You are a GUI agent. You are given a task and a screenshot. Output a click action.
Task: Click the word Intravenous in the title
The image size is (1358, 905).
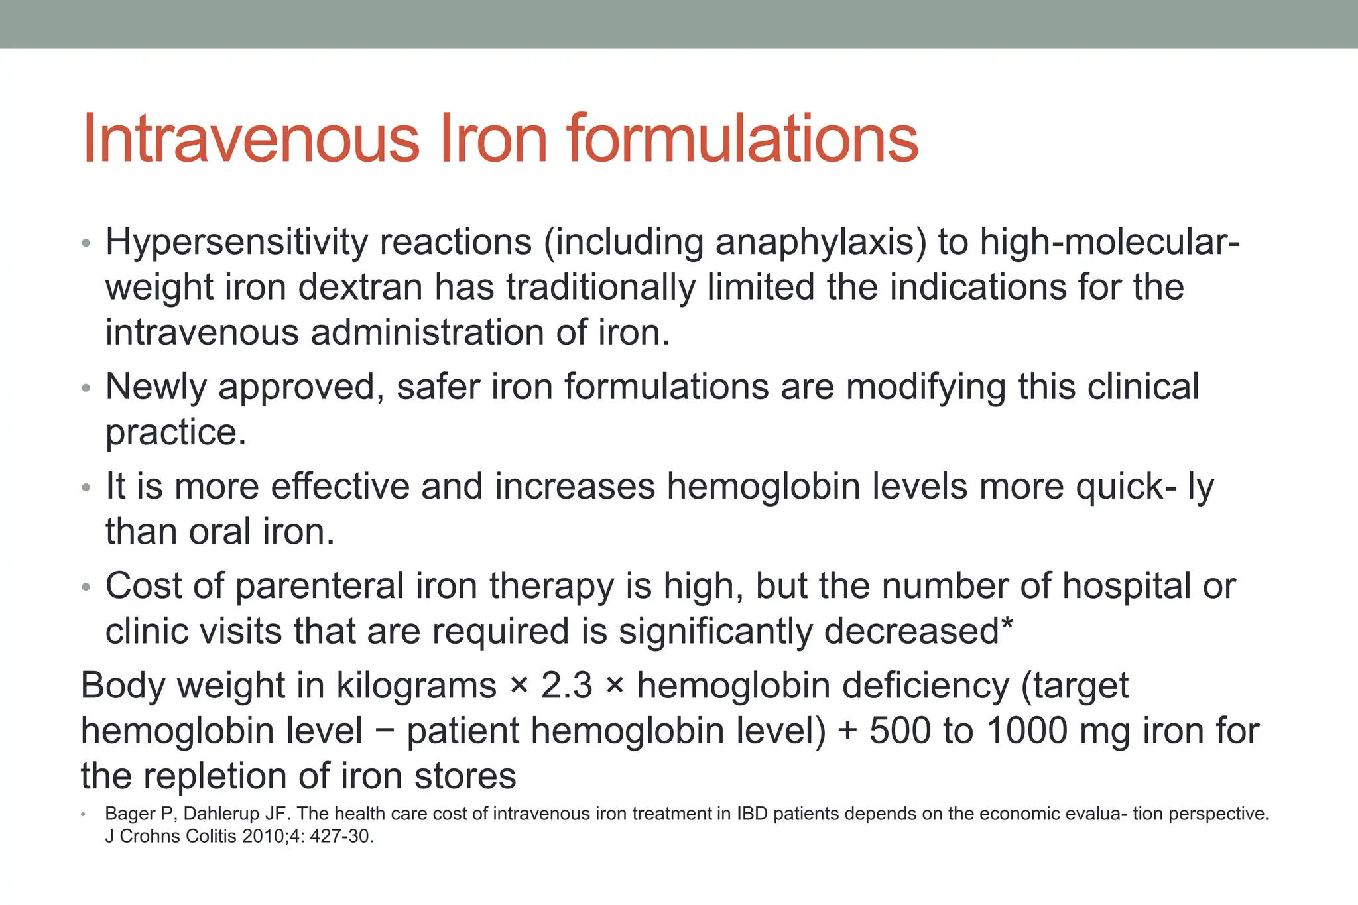click(251, 139)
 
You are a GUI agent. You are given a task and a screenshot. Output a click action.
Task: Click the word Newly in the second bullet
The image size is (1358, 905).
click(156, 387)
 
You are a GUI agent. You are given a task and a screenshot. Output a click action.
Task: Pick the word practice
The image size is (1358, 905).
click(176, 432)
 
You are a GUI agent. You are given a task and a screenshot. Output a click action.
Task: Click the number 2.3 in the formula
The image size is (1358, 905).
click(567, 686)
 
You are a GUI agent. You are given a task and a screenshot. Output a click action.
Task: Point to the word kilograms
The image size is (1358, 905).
click(416, 686)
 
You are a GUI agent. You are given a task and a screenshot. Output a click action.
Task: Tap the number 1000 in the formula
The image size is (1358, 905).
click(1026, 731)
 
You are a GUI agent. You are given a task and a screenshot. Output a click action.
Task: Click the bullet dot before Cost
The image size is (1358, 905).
click(86, 588)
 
